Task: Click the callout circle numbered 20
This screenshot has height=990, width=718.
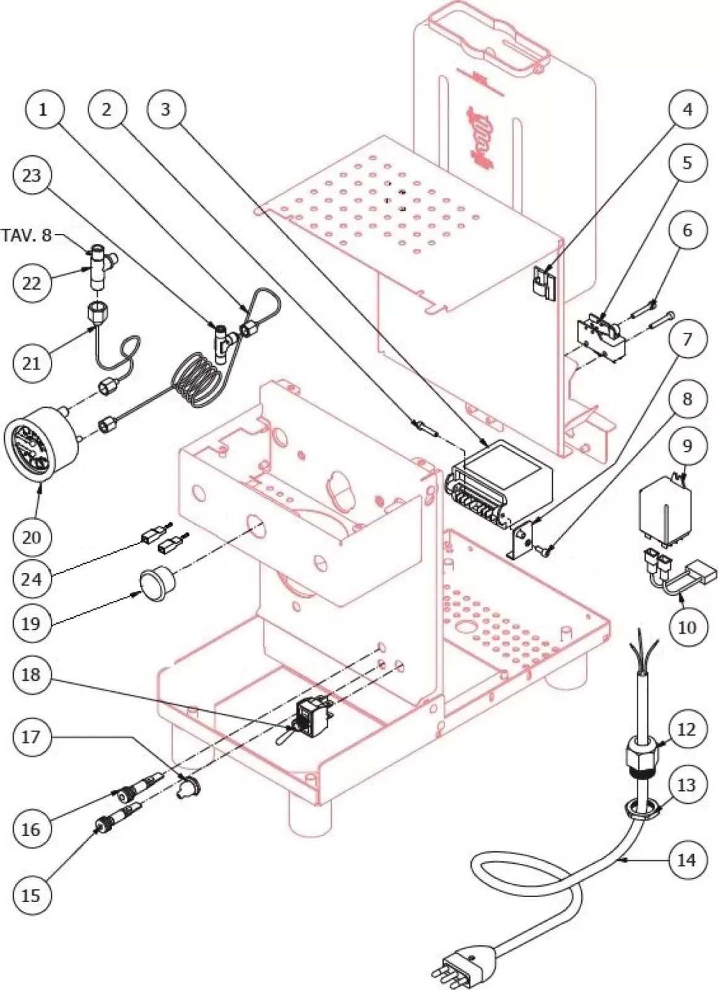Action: [31, 536]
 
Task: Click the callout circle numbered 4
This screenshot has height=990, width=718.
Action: [687, 110]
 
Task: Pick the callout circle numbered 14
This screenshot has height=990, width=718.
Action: [687, 859]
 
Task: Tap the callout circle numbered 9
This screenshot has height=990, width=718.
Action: [687, 446]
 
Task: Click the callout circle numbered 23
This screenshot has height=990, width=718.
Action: [31, 175]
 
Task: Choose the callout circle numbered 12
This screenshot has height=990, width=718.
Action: [687, 730]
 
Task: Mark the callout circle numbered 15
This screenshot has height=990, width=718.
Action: [31, 895]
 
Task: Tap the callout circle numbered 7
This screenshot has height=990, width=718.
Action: [687, 338]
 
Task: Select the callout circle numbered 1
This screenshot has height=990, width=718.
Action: [43, 110]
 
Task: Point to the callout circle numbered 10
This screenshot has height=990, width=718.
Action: [687, 627]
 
